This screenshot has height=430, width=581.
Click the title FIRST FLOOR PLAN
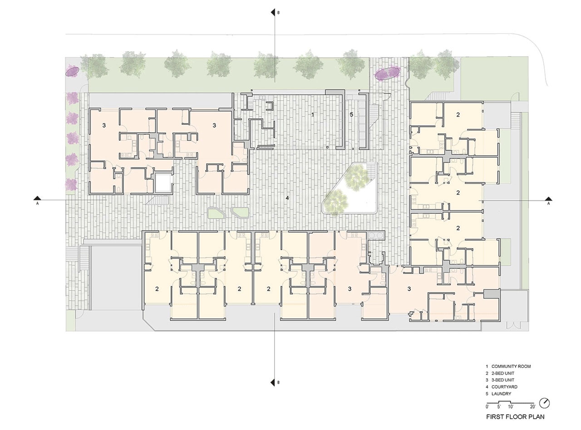click(515, 417)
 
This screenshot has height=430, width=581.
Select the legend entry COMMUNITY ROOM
click(511, 366)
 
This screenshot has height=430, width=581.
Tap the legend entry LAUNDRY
click(501, 394)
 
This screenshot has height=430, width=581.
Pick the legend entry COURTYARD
click(504, 387)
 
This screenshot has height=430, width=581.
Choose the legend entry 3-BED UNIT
click(502, 380)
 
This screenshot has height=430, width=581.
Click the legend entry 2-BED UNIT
click(502, 373)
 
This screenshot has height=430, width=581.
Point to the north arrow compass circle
click(545, 403)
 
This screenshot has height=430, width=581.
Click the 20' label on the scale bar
click(533, 407)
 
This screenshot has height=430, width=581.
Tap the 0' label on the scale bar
click(487, 407)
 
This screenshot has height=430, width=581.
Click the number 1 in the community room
click(312, 114)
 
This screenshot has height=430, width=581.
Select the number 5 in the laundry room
click(351, 114)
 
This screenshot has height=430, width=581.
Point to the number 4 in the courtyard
click(287, 198)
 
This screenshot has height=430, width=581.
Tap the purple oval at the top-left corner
click(72, 71)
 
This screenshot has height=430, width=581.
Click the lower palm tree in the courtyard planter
click(335, 202)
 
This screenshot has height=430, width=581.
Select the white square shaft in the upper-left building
click(163, 183)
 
